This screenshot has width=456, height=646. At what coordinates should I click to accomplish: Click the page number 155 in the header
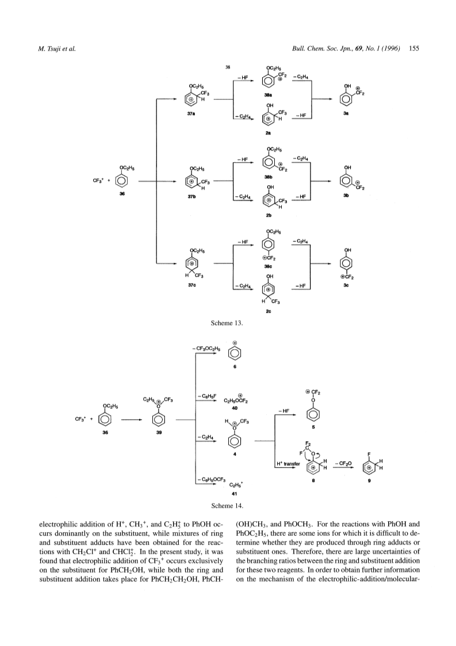click(x=414, y=48)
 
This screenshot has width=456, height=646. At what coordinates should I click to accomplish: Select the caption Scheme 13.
click(x=227, y=323)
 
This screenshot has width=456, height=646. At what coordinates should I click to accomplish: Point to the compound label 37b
click(x=191, y=197)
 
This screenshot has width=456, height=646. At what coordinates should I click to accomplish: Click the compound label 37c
click(x=191, y=285)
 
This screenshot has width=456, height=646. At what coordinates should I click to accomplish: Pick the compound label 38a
click(x=268, y=95)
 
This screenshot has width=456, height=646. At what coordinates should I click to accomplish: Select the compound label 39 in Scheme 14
click(x=159, y=433)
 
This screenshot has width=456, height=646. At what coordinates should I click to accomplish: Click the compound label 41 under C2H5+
click(x=235, y=493)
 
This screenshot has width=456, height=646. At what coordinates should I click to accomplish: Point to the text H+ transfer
click(x=288, y=464)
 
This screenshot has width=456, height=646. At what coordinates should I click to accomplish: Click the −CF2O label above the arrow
click(x=343, y=464)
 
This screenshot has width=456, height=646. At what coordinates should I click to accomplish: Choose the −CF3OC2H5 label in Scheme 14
click(x=207, y=349)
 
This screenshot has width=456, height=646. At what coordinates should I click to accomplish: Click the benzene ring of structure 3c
click(x=347, y=263)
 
